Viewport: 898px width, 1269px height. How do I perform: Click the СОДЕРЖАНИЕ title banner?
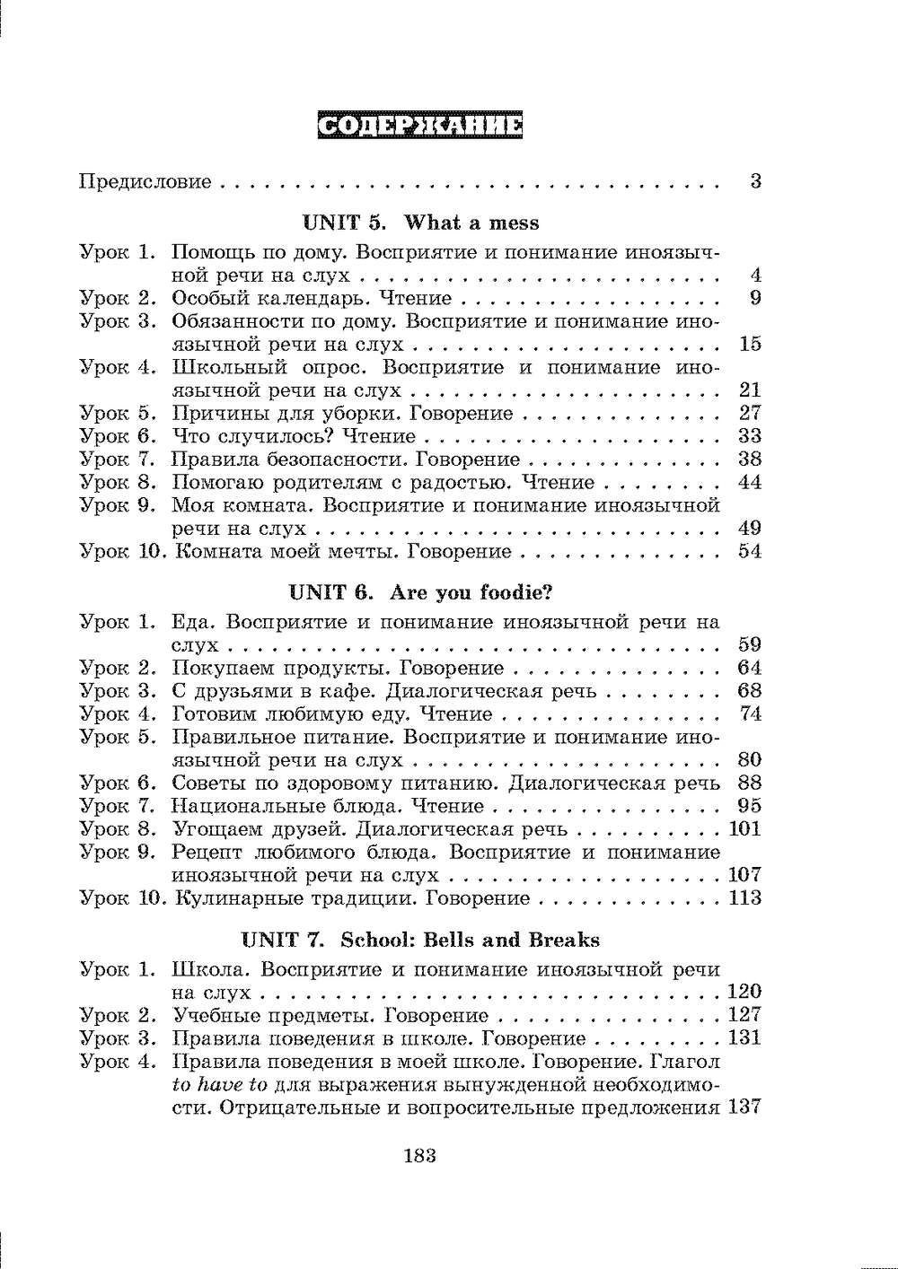click(x=420, y=126)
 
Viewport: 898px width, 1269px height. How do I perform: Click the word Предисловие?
click(x=145, y=182)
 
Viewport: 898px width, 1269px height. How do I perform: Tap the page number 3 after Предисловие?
click(x=755, y=181)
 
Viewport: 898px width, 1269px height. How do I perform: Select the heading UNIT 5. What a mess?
click(x=420, y=223)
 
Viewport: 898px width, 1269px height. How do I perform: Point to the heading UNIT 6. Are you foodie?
click(x=420, y=593)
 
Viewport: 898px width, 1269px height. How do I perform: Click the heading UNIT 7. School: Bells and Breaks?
click(x=420, y=941)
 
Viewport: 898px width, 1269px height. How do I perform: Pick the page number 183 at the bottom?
click(x=419, y=1156)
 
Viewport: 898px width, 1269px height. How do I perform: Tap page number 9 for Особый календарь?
click(x=755, y=298)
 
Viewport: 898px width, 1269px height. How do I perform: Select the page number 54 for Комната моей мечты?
click(x=749, y=551)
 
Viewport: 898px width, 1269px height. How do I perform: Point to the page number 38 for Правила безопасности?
click(x=749, y=459)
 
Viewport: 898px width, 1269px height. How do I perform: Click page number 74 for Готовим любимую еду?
click(x=749, y=714)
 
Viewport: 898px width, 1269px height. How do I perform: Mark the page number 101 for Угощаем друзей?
click(x=744, y=829)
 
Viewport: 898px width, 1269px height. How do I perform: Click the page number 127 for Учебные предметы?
click(x=744, y=1015)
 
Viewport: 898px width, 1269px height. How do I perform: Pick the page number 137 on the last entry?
click(x=744, y=1107)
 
